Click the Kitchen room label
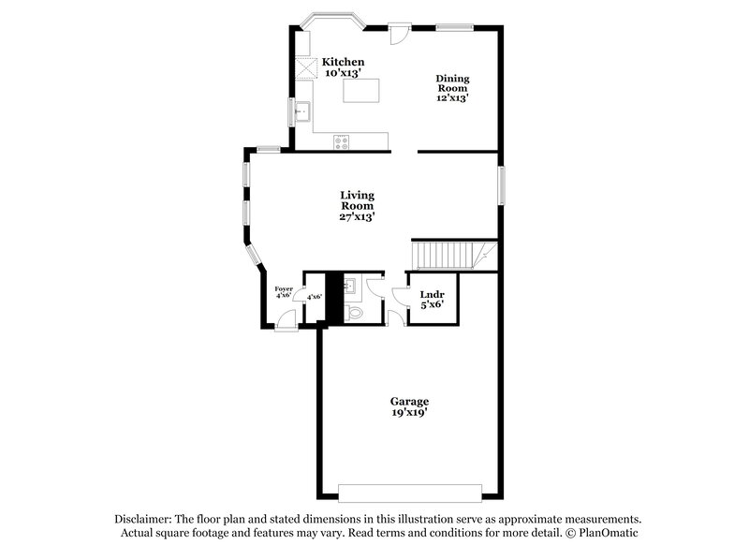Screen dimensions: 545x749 [343, 62]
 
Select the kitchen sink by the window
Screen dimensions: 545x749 [302, 112]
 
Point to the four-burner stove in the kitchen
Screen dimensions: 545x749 [342, 141]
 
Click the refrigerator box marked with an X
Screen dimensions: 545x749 [306, 67]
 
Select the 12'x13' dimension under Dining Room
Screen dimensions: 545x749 [451, 97]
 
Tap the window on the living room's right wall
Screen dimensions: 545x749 [502, 184]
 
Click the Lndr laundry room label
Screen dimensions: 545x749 [432, 294]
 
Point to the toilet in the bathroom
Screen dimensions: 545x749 [353, 312]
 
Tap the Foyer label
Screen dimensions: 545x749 [283, 289]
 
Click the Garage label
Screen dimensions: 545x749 [410, 401]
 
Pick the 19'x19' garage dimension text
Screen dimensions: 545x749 [410, 412]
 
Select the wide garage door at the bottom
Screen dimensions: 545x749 [410, 492]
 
